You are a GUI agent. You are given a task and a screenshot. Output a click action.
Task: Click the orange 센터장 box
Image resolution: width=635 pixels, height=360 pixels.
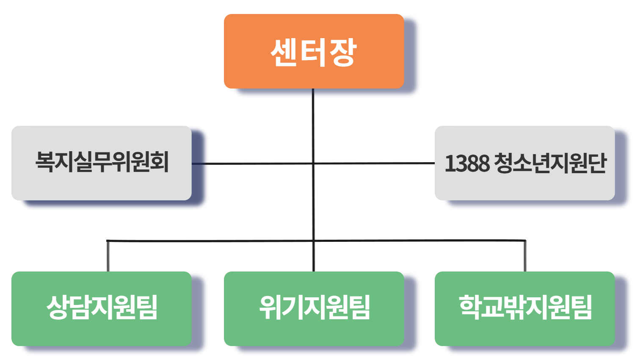tap(314, 51)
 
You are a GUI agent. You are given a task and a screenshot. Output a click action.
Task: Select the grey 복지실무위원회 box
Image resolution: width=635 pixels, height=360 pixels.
tap(102, 163)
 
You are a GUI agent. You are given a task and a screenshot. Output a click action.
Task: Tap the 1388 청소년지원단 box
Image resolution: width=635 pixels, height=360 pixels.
tap(525, 163)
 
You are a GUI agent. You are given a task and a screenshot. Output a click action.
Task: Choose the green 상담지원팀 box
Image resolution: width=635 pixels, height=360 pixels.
tap(102, 308)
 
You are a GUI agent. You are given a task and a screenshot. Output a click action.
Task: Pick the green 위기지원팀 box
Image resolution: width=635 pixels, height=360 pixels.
tap(314, 308)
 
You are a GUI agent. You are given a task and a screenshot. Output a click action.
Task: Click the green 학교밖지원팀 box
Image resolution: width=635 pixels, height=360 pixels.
tap(525, 308)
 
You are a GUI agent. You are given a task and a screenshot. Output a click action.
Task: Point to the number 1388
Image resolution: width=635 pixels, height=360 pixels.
tap(467, 163)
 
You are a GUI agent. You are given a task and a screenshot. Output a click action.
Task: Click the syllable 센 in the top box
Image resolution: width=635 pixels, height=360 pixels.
tap(284, 53)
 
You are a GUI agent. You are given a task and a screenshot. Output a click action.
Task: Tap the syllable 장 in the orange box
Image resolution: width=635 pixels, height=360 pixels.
tap(343, 53)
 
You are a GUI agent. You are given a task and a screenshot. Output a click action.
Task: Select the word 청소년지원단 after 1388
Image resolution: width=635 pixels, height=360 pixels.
tap(550, 163)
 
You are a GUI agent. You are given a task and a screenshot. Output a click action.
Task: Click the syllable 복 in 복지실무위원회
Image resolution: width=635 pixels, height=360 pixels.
tap(44, 162)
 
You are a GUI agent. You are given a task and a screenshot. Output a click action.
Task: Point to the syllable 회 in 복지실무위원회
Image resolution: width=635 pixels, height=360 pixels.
tap(160, 162)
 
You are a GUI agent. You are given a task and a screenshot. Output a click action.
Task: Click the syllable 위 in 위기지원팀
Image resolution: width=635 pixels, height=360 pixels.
tap(270, 307)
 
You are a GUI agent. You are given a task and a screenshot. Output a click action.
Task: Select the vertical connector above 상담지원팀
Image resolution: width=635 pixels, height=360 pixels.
tap(108, 256)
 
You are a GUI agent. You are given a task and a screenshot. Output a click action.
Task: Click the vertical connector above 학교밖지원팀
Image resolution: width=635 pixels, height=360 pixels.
tap(525, 256)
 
